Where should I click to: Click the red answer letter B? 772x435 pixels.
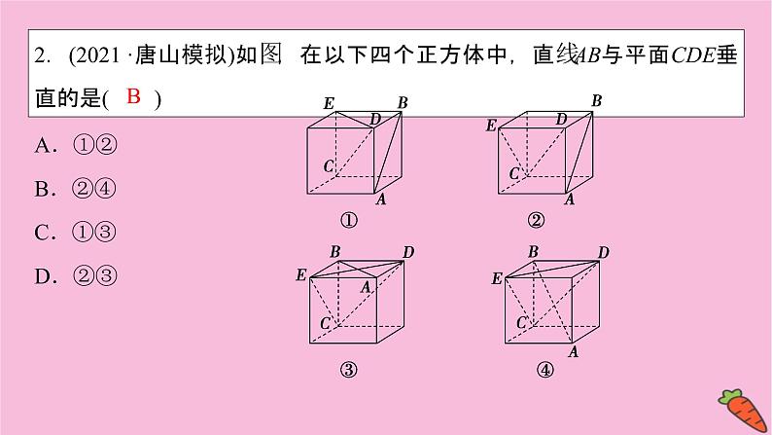pyautogui.click(x=134, y=96)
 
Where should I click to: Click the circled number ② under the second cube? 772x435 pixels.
pyautogui.click(x=536, y=220)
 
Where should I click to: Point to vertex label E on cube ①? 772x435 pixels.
pyautogui.click(x=329, y=102)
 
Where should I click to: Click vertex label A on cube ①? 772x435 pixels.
pyautogui.click(x=381, y=199)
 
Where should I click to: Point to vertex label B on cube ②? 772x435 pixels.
pyautogui.click(x=597, y=100)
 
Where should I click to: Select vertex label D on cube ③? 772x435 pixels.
pyautogui.click(x=408, y=253)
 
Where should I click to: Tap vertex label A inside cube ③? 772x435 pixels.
pyautogui.click(x=367, y=286)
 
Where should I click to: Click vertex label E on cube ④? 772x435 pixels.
pyautogui.click(x=497, y=278)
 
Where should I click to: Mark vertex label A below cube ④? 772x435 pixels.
pyautogui.click(x=574, y=351)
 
